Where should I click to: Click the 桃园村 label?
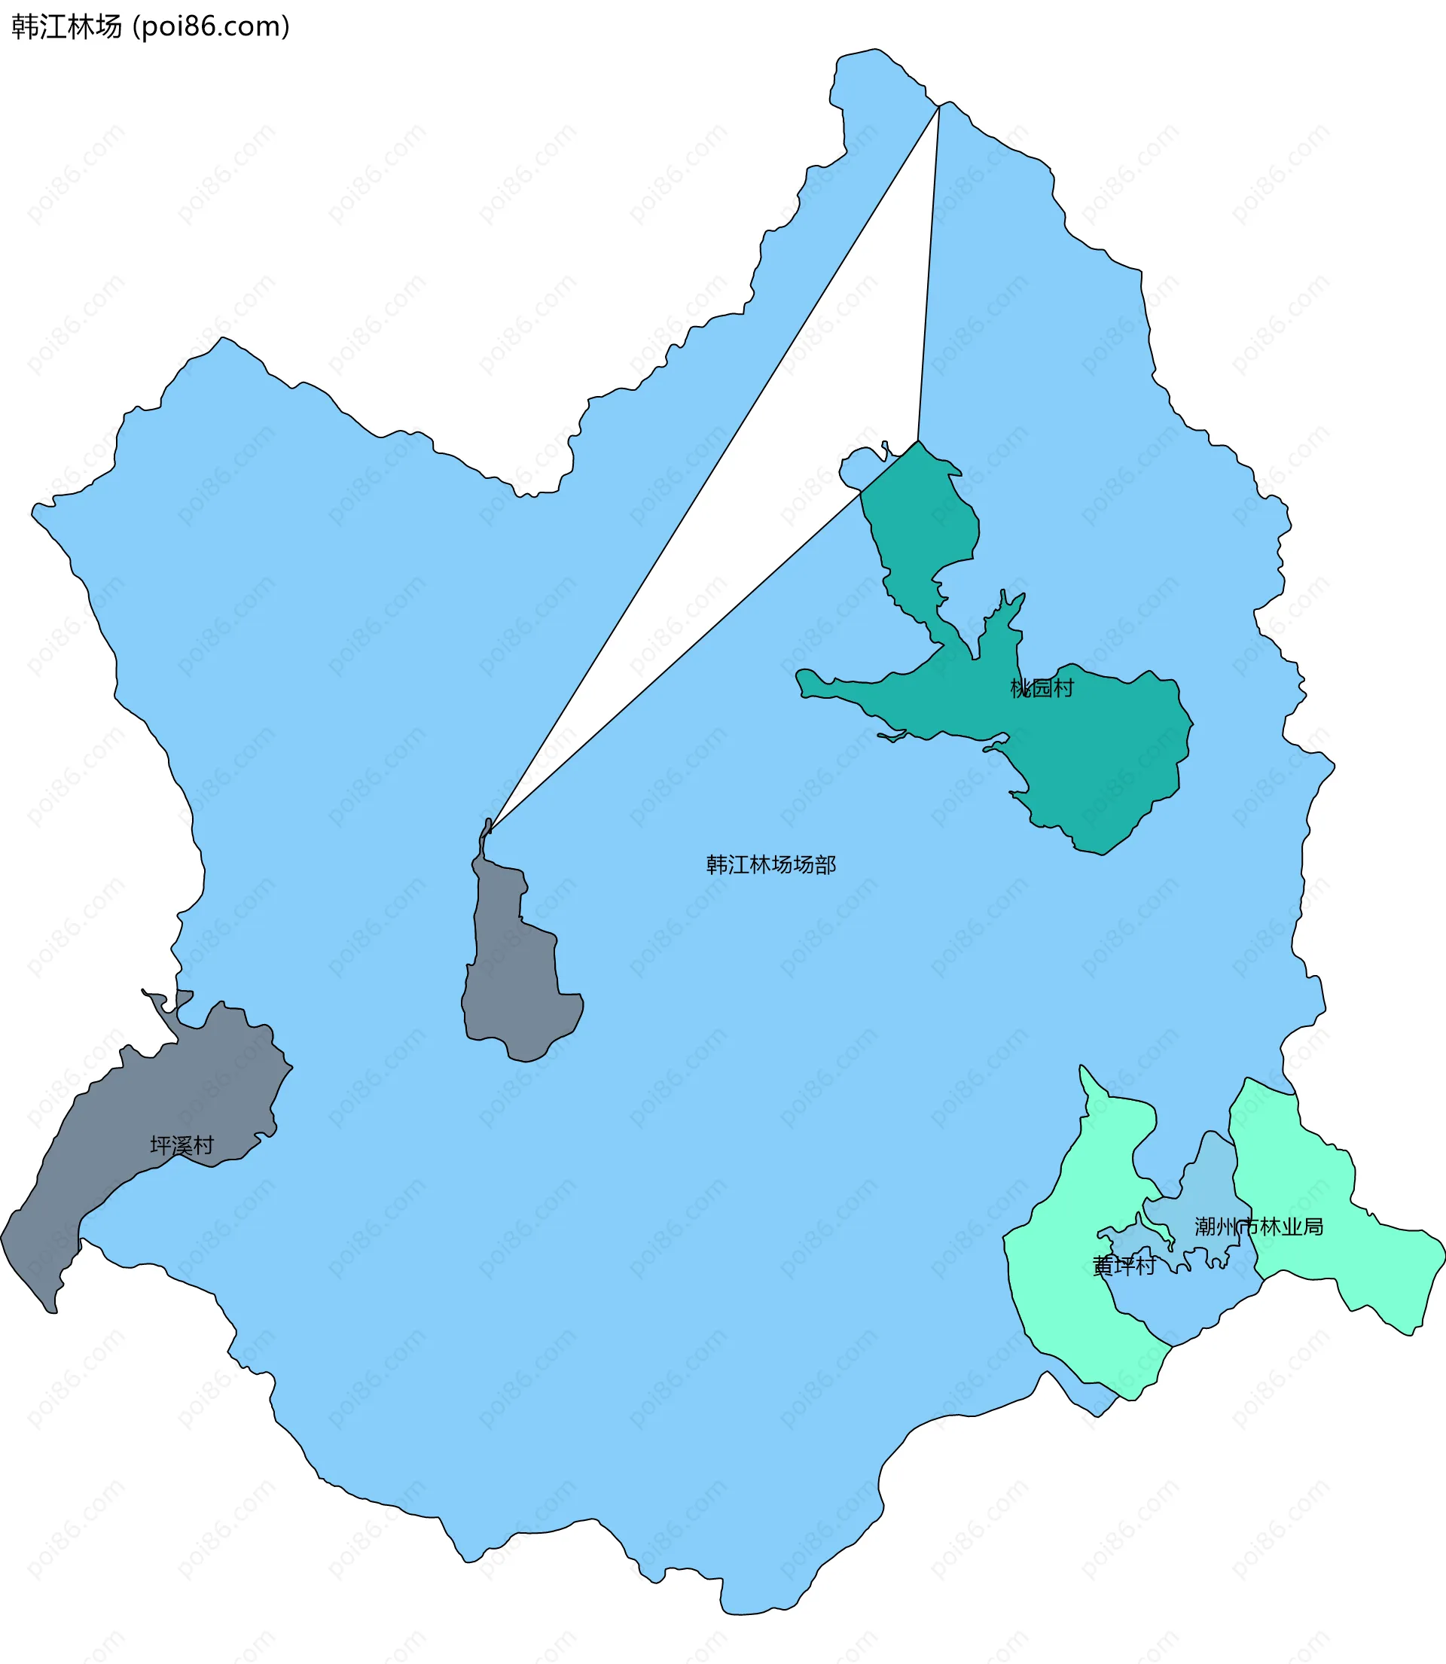coord(1042,688)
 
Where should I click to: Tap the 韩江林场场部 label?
coord(770,864)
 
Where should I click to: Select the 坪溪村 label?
coord(182,1145)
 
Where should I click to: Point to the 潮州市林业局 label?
coord(1258,1227)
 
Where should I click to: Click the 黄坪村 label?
coord(1124,1266)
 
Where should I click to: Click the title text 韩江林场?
coord(66,26)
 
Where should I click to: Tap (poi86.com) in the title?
coord(211,26)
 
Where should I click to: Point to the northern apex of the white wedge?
coord(938,110)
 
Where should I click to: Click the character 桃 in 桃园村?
coord(1020,688)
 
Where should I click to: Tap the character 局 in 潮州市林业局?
coord(1313,1227)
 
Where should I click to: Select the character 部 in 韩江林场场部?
coord(825,864)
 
